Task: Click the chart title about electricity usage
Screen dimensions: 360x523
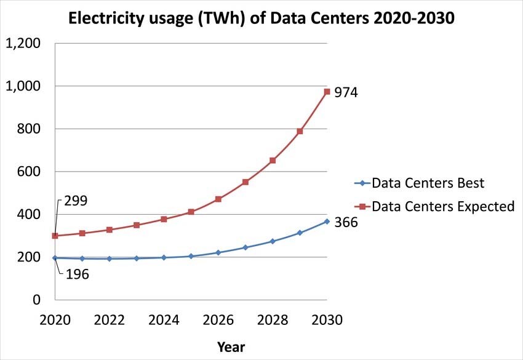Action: [x=261, y=18]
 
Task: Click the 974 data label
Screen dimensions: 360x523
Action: [x=346, y=94]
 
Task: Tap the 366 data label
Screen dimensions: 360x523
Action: [x=346, y=223]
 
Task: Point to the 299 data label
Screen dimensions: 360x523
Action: [x=76, y=201]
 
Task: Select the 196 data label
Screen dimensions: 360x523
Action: [x=77, y=274]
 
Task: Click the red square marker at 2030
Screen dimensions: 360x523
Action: [x=327, y=92]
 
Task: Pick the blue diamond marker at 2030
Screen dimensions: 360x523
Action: [x=327, y=222]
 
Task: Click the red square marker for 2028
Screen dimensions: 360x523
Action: [x=273, y=161]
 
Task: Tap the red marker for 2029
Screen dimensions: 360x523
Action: [x=300, y=131]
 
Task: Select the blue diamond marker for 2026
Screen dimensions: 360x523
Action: [x=218, y=252]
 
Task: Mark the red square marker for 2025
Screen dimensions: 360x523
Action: [x=191, y=212]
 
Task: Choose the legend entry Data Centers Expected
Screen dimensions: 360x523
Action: [x=442, y=207]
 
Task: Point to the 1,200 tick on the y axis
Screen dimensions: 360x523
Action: [x=23, y=44]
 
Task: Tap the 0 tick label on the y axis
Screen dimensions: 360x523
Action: [x=37, y=300]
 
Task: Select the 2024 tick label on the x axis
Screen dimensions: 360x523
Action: [x=164, y=321]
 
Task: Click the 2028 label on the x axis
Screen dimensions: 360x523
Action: [x=273, y=321]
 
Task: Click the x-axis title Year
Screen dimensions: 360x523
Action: [x=231, y=347]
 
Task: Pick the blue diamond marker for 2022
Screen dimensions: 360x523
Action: [x=110, y=258]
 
